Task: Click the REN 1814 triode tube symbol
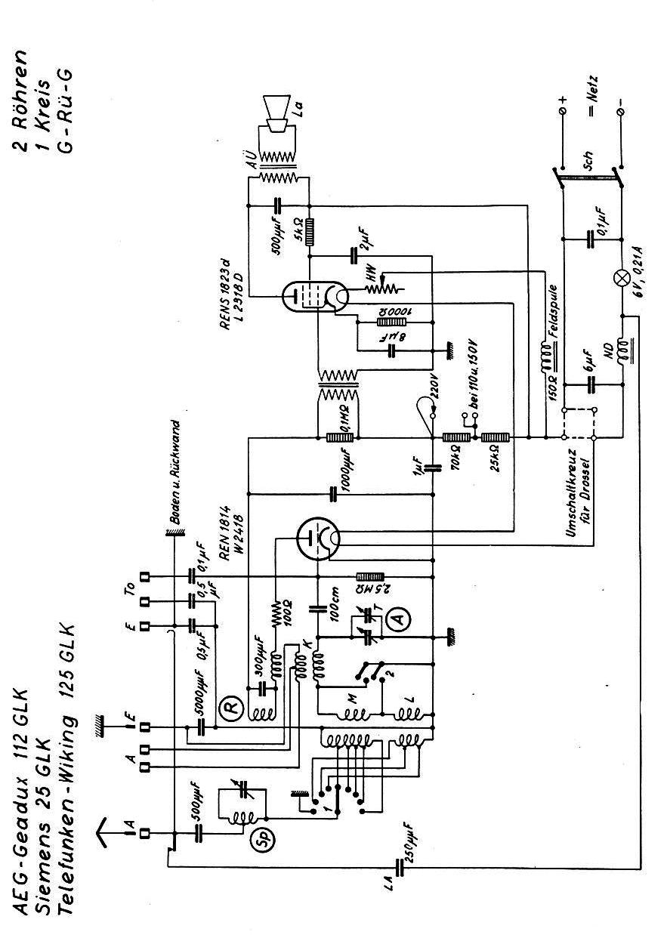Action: coord(316,538)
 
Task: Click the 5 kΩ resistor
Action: coord(308,232)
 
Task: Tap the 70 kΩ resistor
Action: coord(457,437)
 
